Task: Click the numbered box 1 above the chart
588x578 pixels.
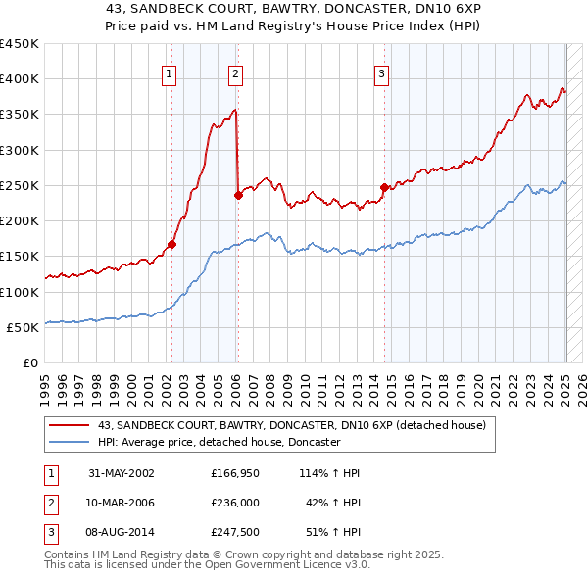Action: pyautogui.click(x=170, y=72)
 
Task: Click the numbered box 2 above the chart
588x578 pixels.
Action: pyautogui.click(x=236, y=72)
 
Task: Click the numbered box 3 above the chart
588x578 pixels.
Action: pyautogui.click(x=381, y=72)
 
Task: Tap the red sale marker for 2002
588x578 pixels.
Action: pyautogui.click(x=171, y=245)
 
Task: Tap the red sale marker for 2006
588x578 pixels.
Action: pyautogui.click(x=238, y=195)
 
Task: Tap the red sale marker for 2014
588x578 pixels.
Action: pyautogui.click(x=384, y=187)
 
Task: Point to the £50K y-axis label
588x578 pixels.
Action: pyautogui.click(x=23, y=327)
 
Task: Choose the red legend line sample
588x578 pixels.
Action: pyautogui.click(x=69, y=426)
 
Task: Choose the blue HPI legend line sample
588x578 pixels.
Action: pyautogui.click(x=69, y=442)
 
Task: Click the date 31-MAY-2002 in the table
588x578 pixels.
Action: pyautogui.click(x=122, y=473)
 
